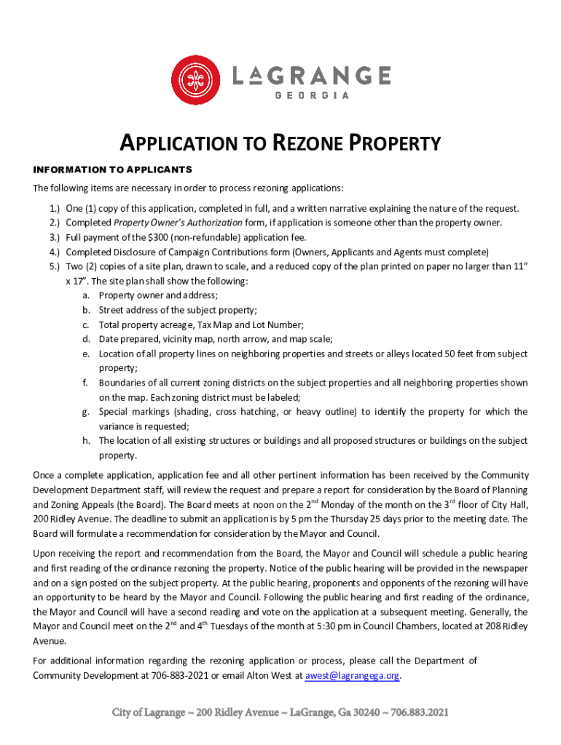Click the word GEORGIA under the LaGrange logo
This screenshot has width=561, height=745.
point(311,95)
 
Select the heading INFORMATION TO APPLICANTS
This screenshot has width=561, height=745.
point(112,170)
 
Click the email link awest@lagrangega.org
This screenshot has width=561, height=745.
point(352,676)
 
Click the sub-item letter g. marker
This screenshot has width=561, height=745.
point(85,412)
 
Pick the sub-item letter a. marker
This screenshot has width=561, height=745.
point(86,295)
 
